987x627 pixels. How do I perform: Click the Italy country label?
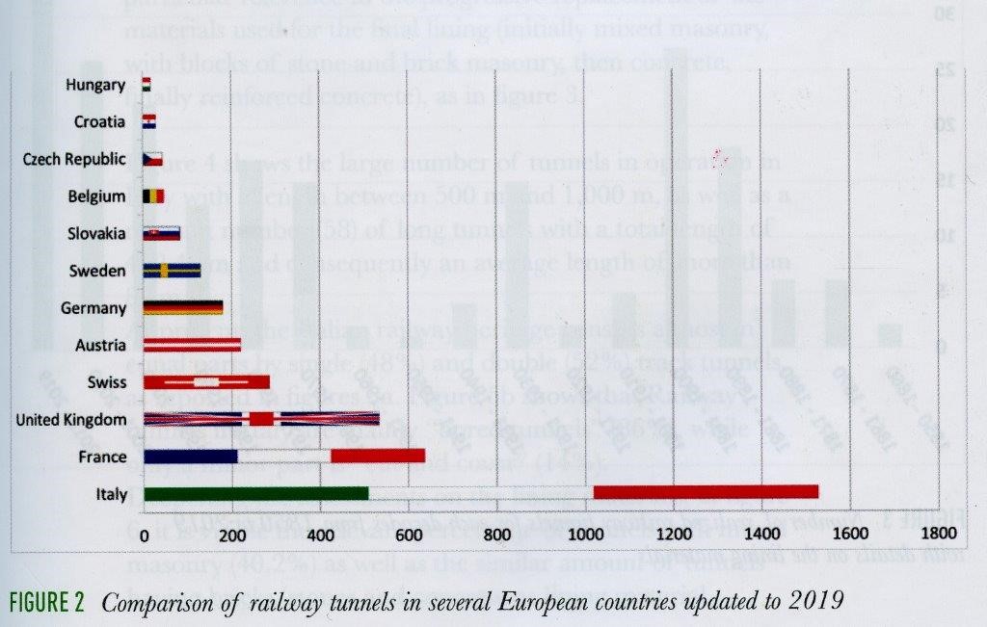111,495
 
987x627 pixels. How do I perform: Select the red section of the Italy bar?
706,492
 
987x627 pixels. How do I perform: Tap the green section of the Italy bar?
255,493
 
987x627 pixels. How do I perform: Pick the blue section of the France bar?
190,456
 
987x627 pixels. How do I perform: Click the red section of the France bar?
378,456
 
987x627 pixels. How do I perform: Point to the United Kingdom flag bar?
260,419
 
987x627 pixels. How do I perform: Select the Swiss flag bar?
206,381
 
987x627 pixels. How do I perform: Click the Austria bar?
192,345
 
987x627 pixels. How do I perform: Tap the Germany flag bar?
182,307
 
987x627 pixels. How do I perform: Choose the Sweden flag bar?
172,271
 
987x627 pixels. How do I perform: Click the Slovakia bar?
161,233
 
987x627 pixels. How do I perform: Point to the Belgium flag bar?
153,196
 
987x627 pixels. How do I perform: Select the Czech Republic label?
74,159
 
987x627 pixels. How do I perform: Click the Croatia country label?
99,122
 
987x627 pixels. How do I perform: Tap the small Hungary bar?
147,85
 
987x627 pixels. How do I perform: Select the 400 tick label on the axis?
320,535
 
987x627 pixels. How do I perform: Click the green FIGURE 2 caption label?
46,603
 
